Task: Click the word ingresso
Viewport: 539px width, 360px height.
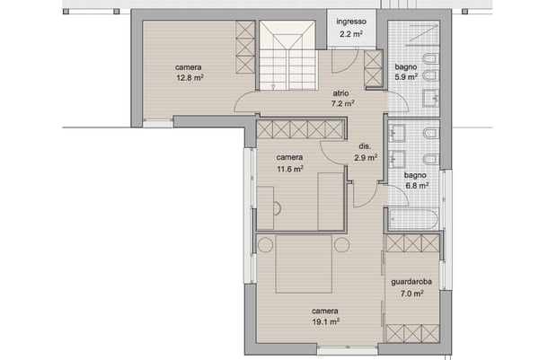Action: (349, 22)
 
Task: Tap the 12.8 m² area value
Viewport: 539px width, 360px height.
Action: (189, 78)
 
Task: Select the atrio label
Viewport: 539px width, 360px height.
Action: (340, 92)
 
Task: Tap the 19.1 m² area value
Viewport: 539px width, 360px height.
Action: (325, 320)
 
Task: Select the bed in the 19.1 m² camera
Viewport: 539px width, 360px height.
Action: (304, 262)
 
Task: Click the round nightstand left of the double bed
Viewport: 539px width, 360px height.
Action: (265, 244)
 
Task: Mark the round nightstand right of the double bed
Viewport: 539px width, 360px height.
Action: (341, 244)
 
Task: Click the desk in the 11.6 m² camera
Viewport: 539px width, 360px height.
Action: (265, 207)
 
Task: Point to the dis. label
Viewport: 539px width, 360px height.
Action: (364, 146)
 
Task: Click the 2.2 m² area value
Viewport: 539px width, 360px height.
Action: (350, 34)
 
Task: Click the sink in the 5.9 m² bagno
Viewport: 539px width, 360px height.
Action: (430, 96)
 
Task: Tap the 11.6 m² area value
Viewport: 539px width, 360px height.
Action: (289, 168)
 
